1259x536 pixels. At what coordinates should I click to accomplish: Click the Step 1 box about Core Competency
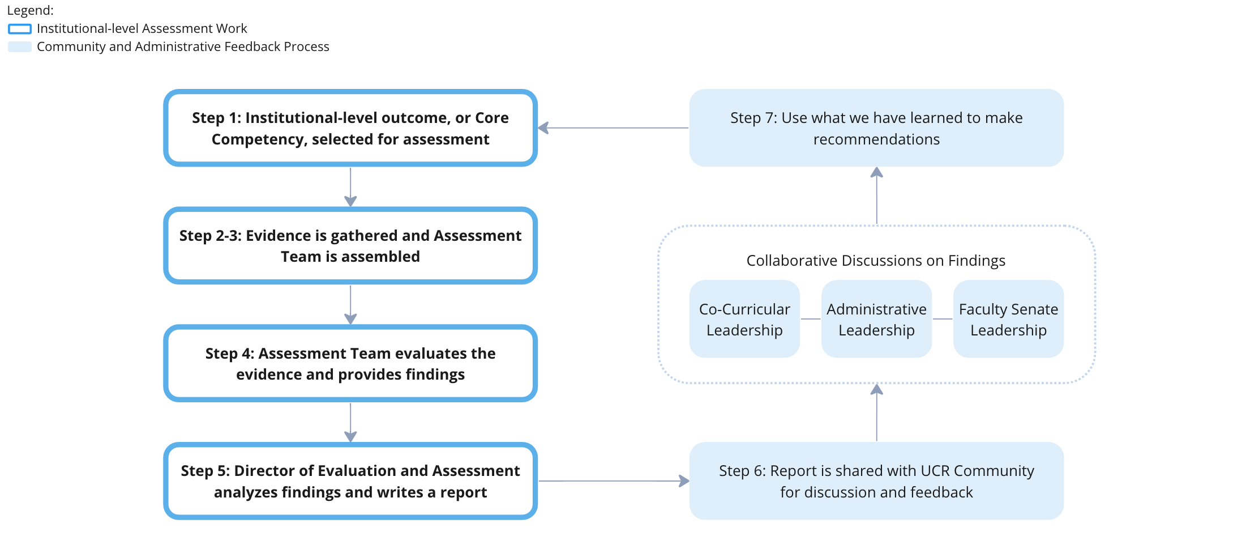coord(350,128)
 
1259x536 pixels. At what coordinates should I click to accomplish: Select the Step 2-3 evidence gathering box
coord(350,246)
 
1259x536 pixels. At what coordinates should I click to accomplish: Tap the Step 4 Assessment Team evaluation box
coord(350,363)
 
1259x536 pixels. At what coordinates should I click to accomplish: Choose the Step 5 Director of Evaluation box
coord(350,481)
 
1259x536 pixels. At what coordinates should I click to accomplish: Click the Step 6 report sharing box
coord(876,481)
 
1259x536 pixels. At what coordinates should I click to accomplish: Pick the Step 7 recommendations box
coord(876,128)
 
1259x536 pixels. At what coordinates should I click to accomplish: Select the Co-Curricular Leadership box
coord(744,319)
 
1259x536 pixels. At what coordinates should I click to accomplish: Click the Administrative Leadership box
coord(876,319)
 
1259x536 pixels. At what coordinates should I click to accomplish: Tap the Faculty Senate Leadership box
coord(1008,319)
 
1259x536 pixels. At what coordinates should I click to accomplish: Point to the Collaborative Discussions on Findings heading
coord(876,261)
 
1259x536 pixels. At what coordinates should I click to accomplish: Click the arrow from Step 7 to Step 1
coord(614,128)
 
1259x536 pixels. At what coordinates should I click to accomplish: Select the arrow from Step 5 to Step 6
coord(614,481)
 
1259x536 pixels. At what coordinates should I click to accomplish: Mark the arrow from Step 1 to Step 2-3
coord(350,187)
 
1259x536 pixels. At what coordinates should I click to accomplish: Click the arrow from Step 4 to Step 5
coord(350,422)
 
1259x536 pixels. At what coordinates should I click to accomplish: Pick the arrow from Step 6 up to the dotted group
coord(876,412)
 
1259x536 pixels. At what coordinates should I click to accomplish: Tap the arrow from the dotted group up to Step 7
coord(876,196)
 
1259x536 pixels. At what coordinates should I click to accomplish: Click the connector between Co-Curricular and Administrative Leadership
coord(811,319)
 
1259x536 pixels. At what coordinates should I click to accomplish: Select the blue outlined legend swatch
coord(20,29)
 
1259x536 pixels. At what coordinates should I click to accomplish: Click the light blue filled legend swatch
coord(20,47)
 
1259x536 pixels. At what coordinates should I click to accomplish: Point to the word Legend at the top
coord(30,10)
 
